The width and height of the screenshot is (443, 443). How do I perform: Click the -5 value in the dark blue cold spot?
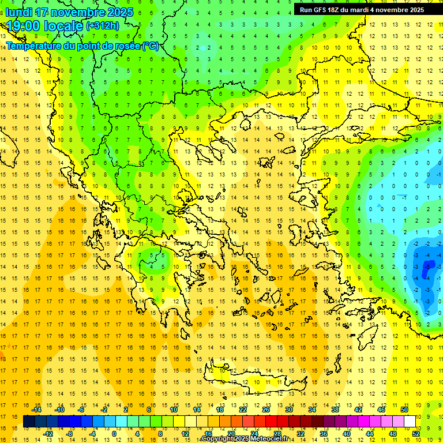tap(427, 266)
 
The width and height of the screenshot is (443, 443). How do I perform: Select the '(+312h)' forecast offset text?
tap(102, 26)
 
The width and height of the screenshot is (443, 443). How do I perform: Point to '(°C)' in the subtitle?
tap(150, 46)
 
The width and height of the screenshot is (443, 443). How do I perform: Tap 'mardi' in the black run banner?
tap(366, 10)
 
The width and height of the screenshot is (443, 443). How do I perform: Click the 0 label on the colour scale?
tap(114, 434)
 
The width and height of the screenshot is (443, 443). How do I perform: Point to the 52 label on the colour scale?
tap(416, 434)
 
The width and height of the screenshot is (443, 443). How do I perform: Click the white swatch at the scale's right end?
tap(410, 422)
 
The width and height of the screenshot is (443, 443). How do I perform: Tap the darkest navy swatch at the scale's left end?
tap(29, 422)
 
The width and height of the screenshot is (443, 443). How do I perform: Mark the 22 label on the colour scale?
tap(243, 410)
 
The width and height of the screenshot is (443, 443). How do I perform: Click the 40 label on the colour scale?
tap(347, 434)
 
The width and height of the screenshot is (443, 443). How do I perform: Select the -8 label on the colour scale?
tap(70, 434)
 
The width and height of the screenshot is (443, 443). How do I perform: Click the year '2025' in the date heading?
tap(119, 12)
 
